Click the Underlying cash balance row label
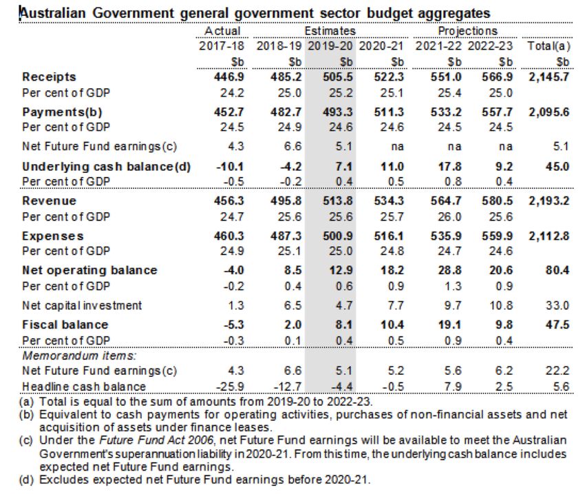[x=106, y=167]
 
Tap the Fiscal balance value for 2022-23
[x=482, y=324]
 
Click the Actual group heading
[x=222, y=31]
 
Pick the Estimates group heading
[x=330, y=31]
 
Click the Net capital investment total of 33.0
[x=557, y=305]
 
